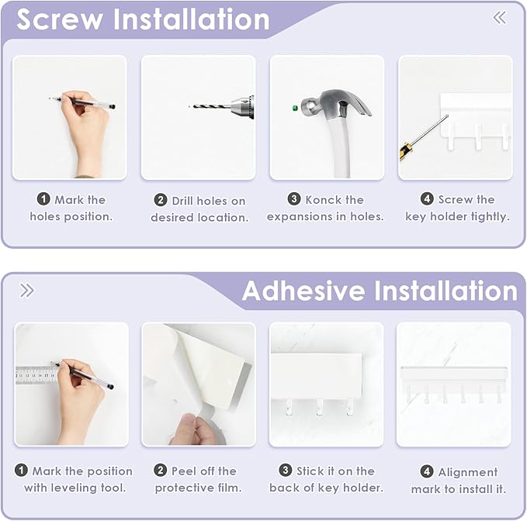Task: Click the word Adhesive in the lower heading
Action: (x=303, y=292)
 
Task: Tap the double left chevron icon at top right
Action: (x=499, y=17)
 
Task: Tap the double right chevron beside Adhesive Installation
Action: (x=27, y=291)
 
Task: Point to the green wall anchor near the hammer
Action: (x=296, y=109)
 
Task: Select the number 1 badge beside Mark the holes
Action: (x=43, y=200)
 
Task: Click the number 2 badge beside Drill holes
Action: (x=161, y=201)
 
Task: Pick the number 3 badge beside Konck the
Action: (x=294, y=200)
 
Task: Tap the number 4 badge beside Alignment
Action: (x=427, y=471)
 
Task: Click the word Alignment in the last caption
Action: (x=468, y=472)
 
